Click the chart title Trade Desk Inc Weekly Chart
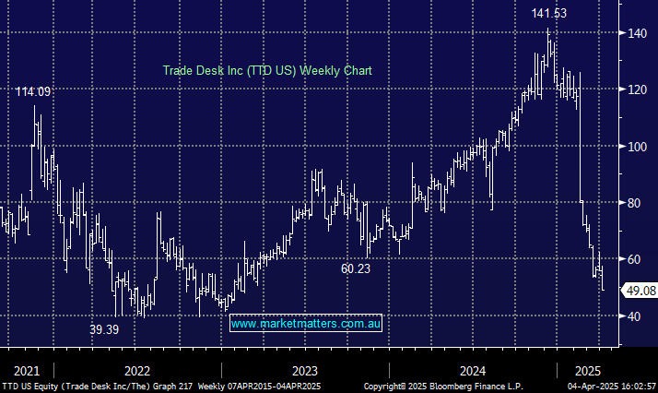coord(267,70)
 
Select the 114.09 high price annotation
coord(33,91)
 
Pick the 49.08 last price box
coord(639,291)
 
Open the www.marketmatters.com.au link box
coord(305,324)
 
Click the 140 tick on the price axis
coord(636,33)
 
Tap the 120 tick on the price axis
coord(636,89)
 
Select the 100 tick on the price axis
coord(636,147)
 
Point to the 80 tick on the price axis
coord(633,203)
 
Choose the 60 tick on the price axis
coord(633,259)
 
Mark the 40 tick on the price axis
coord(633,316)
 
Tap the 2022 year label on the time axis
coord(135,370)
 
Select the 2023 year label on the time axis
coord(304,370)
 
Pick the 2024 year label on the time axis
coord(473,370)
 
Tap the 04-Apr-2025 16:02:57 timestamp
coord(610,387)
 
